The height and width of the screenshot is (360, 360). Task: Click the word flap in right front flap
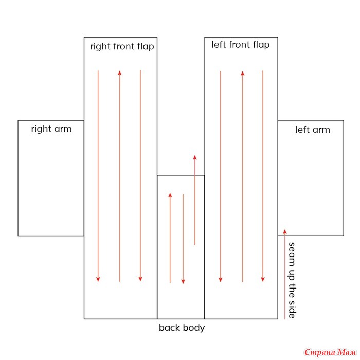tap(146, 47)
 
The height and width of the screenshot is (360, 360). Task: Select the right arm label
tap(51, 129)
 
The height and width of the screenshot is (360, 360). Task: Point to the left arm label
tap(313, 130)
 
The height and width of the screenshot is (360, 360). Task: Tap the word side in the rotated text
tap(292, 310)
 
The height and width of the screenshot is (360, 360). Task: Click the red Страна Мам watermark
tap(330, 352)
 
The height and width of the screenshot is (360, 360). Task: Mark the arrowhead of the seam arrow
tap(285, 231)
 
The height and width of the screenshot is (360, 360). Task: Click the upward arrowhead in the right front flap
tap(120, 73)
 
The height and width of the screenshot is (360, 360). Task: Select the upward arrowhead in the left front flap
tap(242, 74)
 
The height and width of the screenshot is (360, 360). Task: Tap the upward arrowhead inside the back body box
tap(170, 195)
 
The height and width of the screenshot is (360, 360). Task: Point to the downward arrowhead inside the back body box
tap(183, 282)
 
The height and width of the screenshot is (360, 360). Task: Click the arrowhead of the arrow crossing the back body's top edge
tap(195, 157)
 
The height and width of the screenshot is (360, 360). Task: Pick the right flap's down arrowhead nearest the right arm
tap(98, 279)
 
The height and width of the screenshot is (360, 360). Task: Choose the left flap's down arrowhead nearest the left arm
tap(263, 280)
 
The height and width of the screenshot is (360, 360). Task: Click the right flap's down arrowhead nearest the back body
tap(140, 279)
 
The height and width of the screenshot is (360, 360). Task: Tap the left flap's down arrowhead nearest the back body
tap(221, 280)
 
